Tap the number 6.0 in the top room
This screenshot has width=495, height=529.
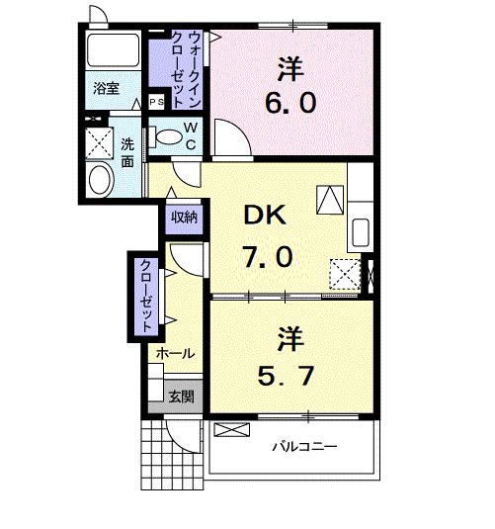289,103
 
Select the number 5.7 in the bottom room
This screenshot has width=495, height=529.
289,376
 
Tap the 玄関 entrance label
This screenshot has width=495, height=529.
180,397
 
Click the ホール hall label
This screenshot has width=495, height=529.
175,353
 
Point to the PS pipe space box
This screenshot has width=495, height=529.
156,101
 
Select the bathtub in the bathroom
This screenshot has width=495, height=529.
112,49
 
